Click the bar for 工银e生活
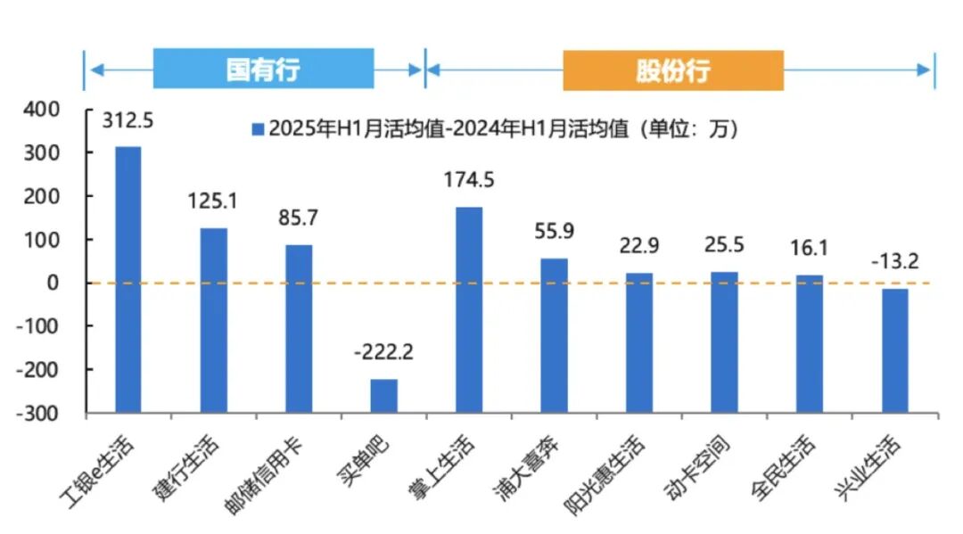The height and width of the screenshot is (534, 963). click(128, 279)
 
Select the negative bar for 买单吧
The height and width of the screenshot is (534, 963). click(383, 396)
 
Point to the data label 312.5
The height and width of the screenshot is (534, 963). click(128, 119)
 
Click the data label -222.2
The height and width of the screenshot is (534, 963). click(383, 352)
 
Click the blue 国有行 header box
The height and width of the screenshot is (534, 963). click(263, 70)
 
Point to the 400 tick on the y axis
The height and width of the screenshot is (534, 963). click(44, 110)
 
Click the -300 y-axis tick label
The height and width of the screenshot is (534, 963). click(40, 414)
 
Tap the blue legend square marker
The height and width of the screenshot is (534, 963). click(259, 129)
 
